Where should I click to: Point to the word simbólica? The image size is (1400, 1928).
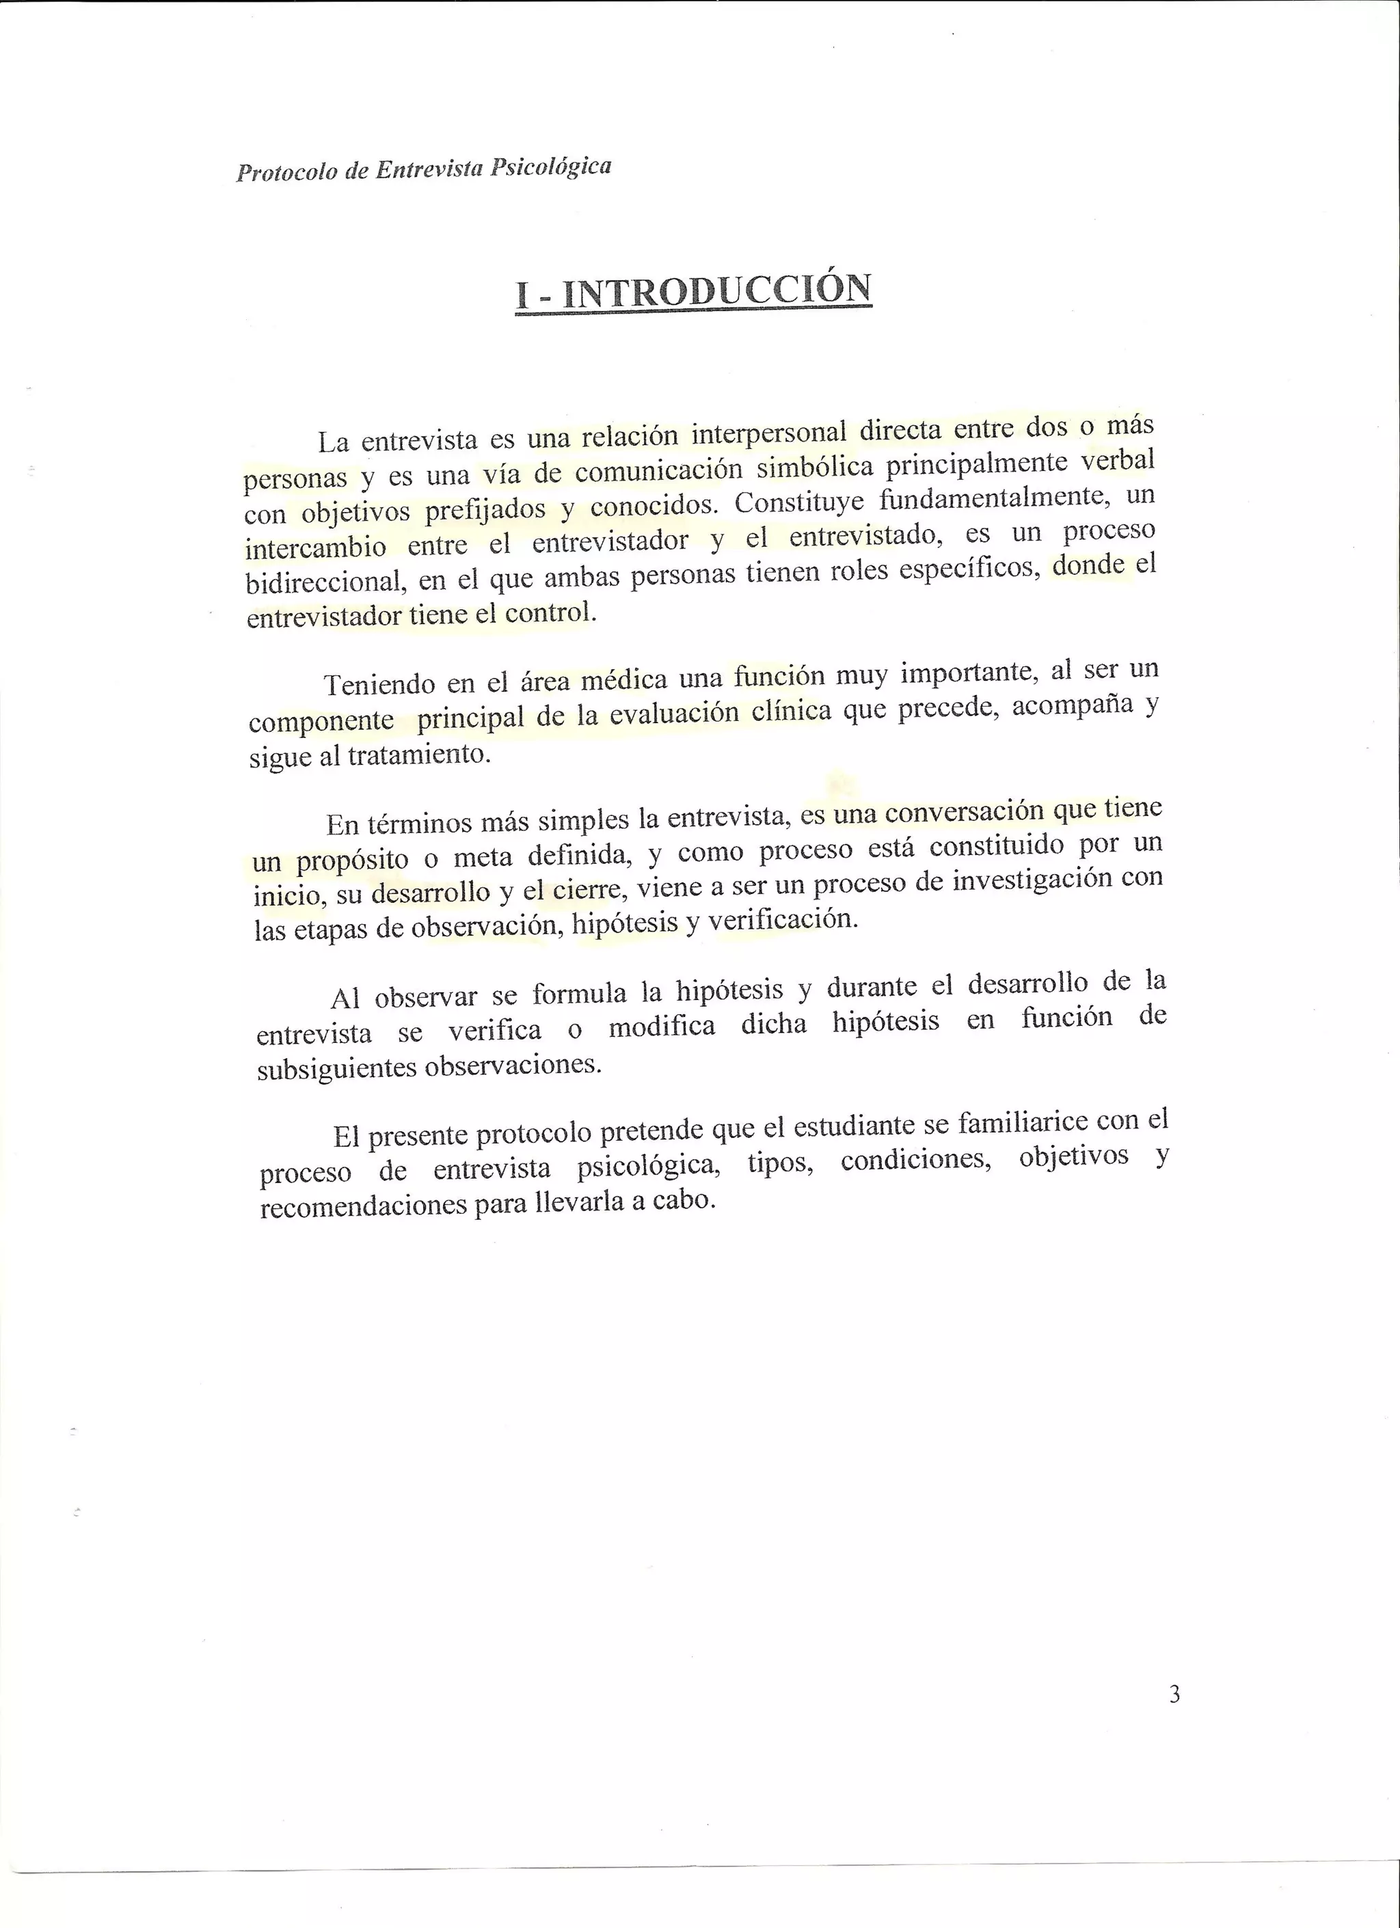[813, 468]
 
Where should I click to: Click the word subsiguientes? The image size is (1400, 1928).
[336, 1068]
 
